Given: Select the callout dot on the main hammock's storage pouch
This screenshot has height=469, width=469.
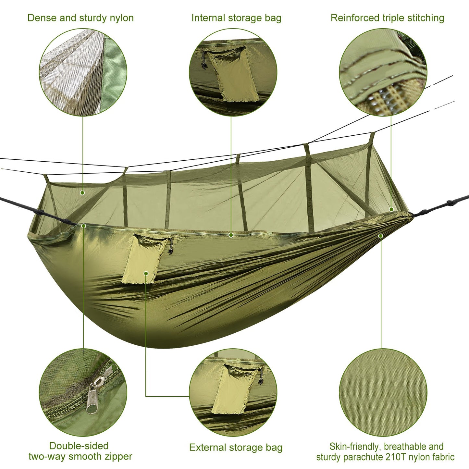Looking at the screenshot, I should coord(146,273).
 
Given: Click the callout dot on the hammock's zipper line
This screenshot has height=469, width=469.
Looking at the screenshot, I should coord(231,235).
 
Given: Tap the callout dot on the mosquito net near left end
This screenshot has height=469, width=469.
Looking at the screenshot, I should coord(82,193).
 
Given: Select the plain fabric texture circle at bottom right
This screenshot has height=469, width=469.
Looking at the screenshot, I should coord(383,393).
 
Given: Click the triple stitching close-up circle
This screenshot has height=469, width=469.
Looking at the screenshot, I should coord(383,72).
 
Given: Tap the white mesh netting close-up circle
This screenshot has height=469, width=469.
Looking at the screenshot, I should coord(83,72).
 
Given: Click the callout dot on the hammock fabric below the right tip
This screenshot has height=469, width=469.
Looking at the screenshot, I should coord(381,236).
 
